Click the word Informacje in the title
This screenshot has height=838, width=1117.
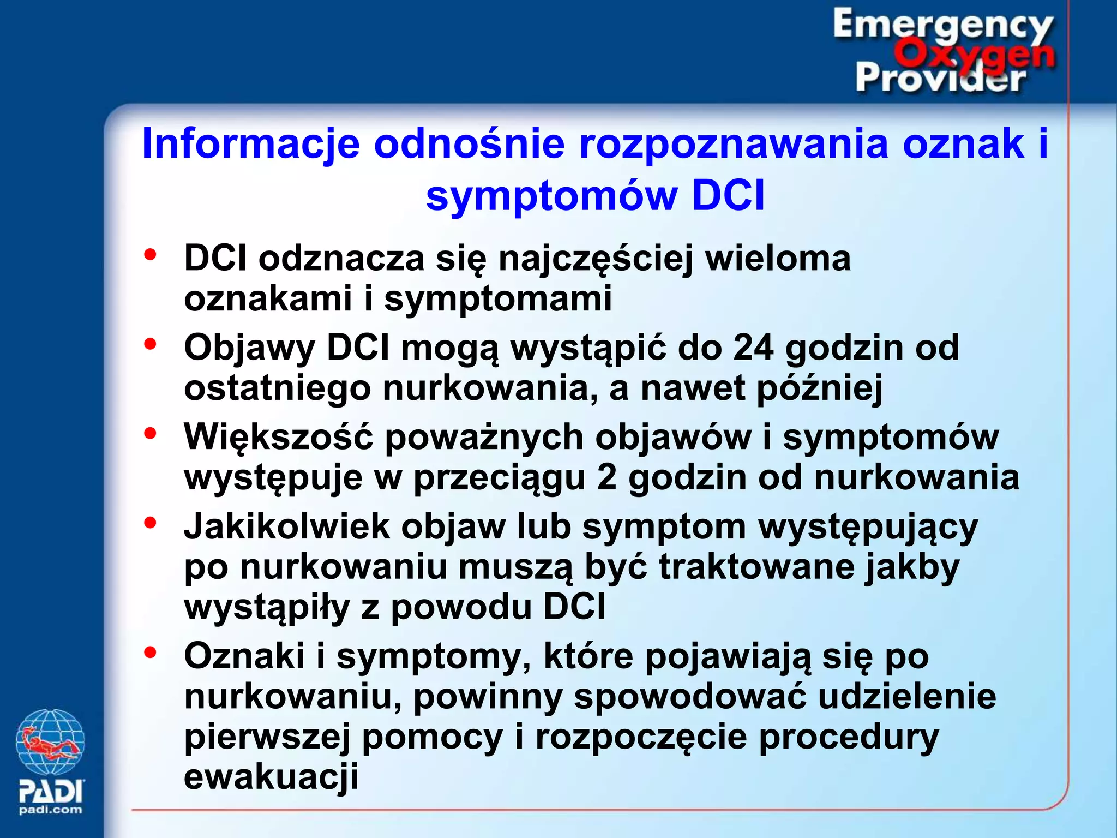point(251,144)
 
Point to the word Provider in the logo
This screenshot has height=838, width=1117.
point(941,78)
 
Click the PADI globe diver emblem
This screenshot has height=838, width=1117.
point(50,742)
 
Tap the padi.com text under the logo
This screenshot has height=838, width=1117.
point(50,810)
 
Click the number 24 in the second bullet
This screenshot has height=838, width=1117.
point(753,347)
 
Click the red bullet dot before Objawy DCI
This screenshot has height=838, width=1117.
point(150,344)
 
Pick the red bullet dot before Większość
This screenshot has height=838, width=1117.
point(150,434)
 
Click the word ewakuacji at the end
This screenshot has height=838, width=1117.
point(271,776)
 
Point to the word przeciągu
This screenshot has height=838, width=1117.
point(499,478)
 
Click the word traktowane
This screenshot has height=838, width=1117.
point(757,567)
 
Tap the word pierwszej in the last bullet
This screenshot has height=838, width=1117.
point(267,737)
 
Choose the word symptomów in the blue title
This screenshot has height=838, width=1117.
point(552,195)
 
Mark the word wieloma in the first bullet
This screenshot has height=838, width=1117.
point(778,258)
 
